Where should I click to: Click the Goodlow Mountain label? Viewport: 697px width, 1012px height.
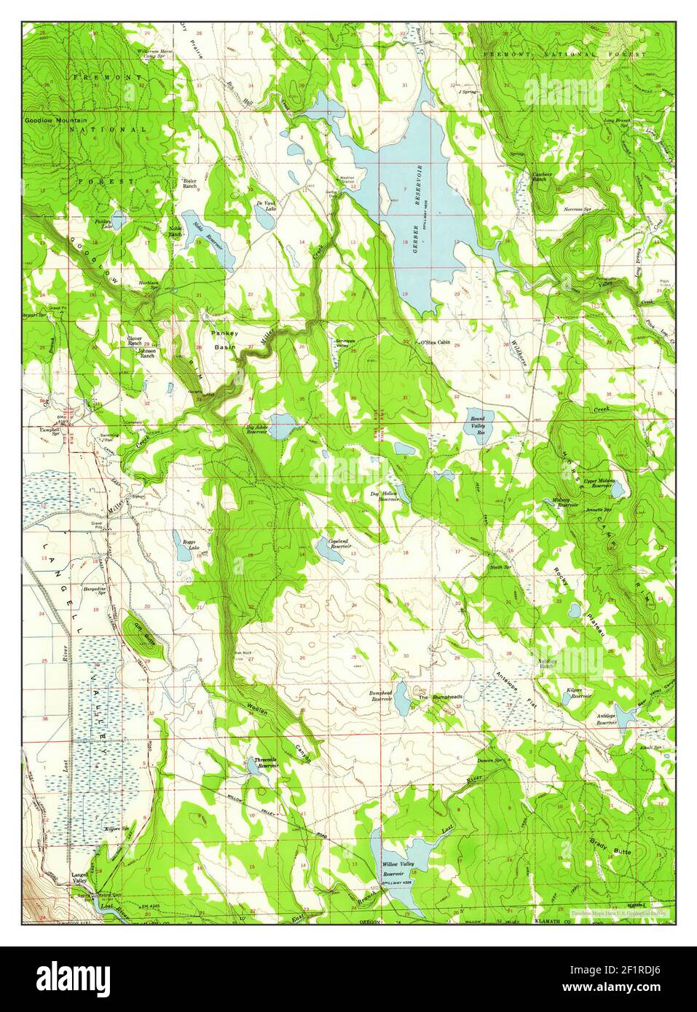click(55, 120)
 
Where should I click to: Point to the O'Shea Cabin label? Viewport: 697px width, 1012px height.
click(435, 343)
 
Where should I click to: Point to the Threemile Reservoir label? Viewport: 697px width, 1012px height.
click(267, 763)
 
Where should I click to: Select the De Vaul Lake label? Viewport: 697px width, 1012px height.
click(265, 206)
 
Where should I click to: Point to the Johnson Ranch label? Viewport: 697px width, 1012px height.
click(147, 354)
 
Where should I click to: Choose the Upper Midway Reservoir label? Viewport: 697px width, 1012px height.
click(596, 486)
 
